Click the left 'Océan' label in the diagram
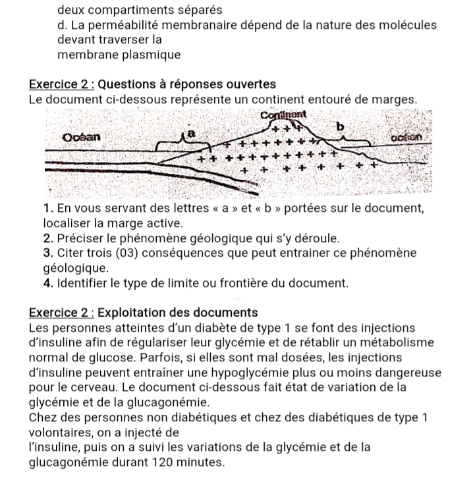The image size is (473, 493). click(82, 138)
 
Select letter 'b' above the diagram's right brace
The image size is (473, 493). click(340, 126)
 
